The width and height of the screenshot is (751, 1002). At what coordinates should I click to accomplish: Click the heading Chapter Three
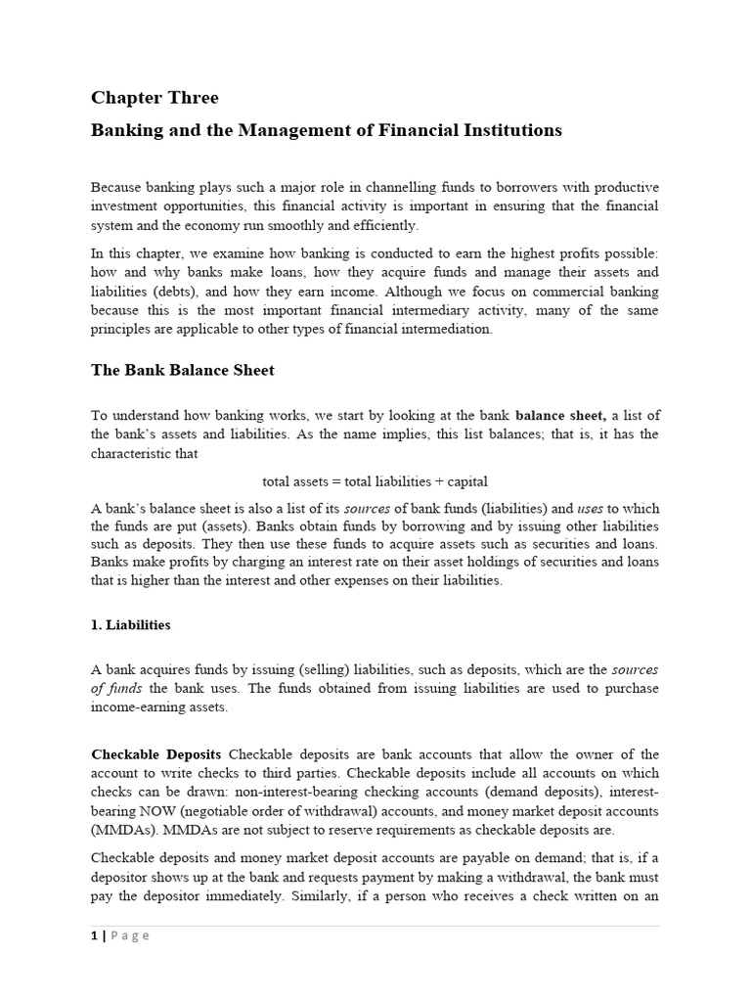pyautogui.click(x=155, y=98)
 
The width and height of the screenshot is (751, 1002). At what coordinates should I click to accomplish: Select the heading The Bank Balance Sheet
pyautogui.click(x=183, y=370)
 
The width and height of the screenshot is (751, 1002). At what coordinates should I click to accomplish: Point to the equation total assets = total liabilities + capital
pyautogui.click(x=375, y=481)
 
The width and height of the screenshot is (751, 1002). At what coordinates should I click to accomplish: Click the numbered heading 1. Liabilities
pyautogui.click(x=131, y=624)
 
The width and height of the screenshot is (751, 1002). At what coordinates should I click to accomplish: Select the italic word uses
pyautogui.click(x=591, y=509)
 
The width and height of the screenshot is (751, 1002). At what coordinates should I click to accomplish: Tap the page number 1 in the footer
pyautogui.click(x=94, y=935)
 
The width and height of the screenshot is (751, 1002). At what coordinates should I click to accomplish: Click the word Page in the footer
pyautogui.click(x=130, y=935)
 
